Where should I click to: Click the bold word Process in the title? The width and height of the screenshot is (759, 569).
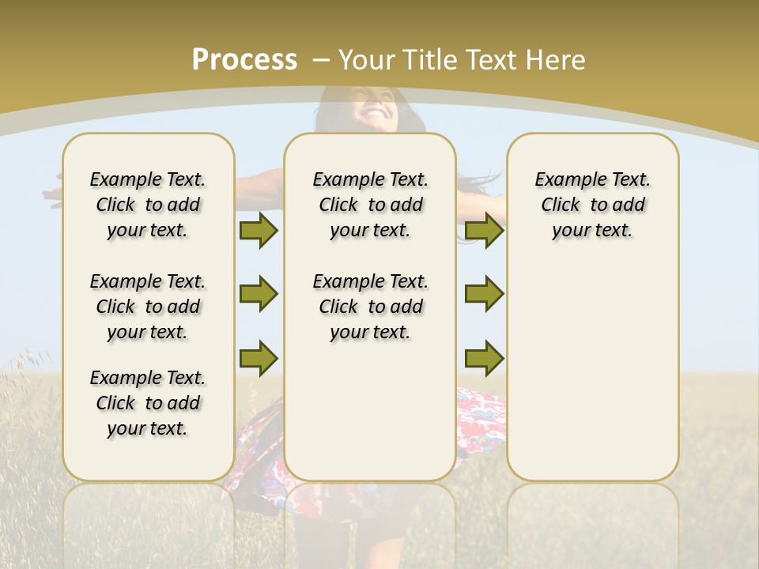pos(244,59)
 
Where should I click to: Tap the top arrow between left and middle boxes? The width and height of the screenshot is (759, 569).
pos(259,230)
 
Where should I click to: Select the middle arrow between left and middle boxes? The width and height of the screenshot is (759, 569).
pos(259,294)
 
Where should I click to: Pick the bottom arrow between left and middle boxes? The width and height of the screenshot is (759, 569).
pos(259,358)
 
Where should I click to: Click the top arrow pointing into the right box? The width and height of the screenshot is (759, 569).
pos(484,230)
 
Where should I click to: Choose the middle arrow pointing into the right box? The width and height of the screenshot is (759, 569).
pos(484,294)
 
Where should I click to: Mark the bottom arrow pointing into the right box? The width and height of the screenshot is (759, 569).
pos(484,358)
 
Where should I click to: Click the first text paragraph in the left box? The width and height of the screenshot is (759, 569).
pos(148,205)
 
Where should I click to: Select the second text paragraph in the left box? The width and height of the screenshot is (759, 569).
pos(148,307)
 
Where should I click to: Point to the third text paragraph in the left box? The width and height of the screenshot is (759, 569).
pos(148,403)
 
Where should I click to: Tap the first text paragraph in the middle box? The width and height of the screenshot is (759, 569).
pos(370,205)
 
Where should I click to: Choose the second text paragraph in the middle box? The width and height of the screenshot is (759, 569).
pos(370,307)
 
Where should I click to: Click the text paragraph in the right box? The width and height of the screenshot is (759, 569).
pos(592,205)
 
